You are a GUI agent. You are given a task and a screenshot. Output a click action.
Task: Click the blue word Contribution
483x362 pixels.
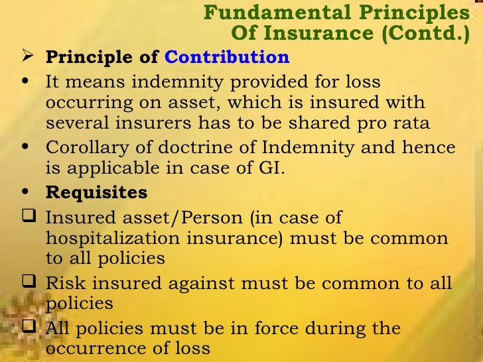coord(227,57)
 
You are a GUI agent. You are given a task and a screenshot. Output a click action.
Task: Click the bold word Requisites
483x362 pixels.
coord(97,193)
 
